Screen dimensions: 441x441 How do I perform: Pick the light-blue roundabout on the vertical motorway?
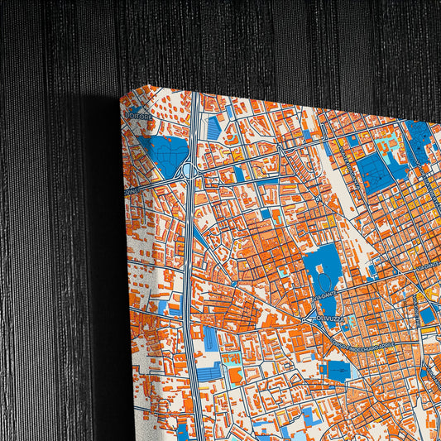(x=189, y=170)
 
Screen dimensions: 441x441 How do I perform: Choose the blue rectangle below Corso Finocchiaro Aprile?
(x=339, y=369)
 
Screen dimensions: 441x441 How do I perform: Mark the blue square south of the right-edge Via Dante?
(x=427, y=314)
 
